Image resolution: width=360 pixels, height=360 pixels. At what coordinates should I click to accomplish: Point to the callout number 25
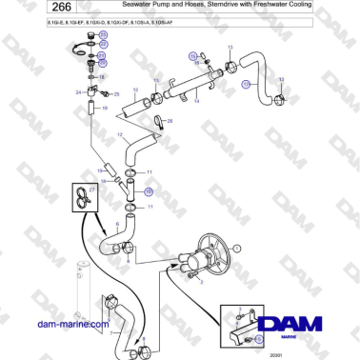pos(116,95)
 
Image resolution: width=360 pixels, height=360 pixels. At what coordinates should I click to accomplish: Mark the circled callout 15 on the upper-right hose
pos(246,84)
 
